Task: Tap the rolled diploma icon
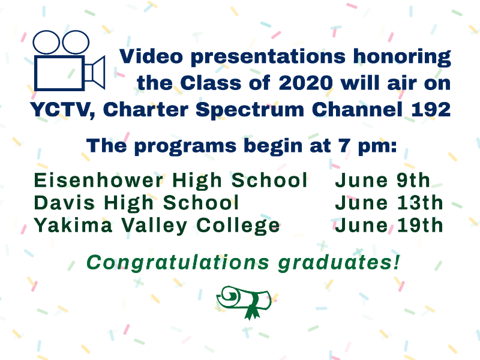(x=244, y=302)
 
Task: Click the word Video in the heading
(x=151, y=56)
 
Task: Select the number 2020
(x=305, y=83)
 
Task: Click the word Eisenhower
(x=98, y=180)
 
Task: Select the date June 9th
(x=383, y=180)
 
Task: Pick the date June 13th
(x=389, y=203)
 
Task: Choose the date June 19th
(x=389, y=226)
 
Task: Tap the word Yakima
(x=73, y=226)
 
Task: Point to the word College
(x=238, y=227)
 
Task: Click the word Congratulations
(x=178, y=263)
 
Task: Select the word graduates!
(x=339, y=263)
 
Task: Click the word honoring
(x=402, y=57)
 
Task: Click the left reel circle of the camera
(x=46, y=42)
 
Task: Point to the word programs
(x=185, y=146)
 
